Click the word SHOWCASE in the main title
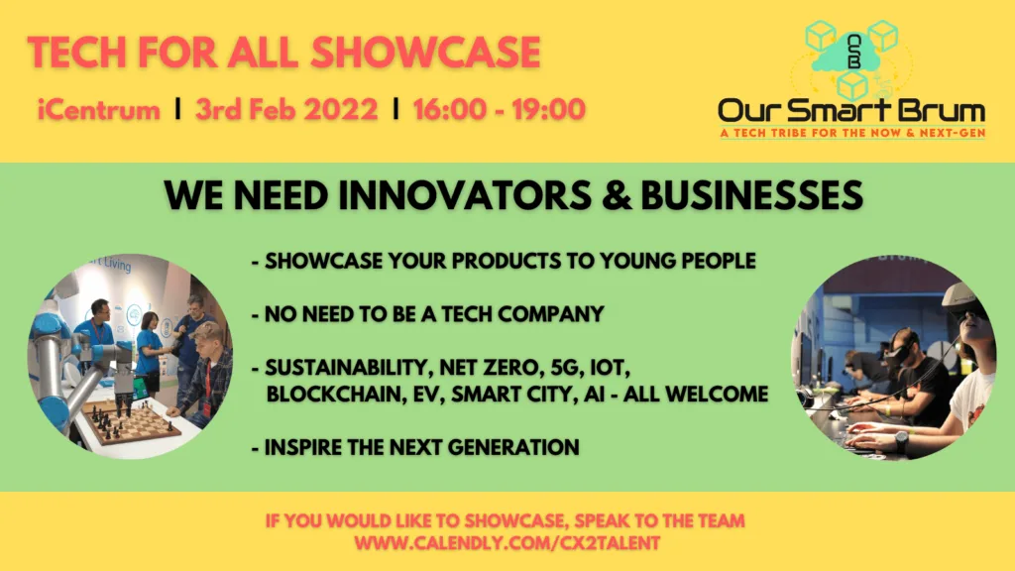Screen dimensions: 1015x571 [x=425, y=53]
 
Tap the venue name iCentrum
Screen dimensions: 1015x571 [x=99, y=109]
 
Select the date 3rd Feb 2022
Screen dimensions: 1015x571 [x=286, y=109]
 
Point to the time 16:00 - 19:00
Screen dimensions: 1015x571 [x=500, y=109]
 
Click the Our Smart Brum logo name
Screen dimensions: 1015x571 [x=851, y=111]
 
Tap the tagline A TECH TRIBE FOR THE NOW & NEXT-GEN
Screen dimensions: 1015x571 [x=852, y=134]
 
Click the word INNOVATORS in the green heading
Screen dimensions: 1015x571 [x=465, y=195]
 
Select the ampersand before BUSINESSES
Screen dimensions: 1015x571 [x=617, y=195]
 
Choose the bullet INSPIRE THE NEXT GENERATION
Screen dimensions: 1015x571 [x=415, y=447]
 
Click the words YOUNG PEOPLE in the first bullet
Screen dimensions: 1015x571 [x=678, y=261]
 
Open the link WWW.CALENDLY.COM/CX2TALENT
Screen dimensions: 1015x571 [x=507, y=542]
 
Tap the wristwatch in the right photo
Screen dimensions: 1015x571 [x=901, y=441]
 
